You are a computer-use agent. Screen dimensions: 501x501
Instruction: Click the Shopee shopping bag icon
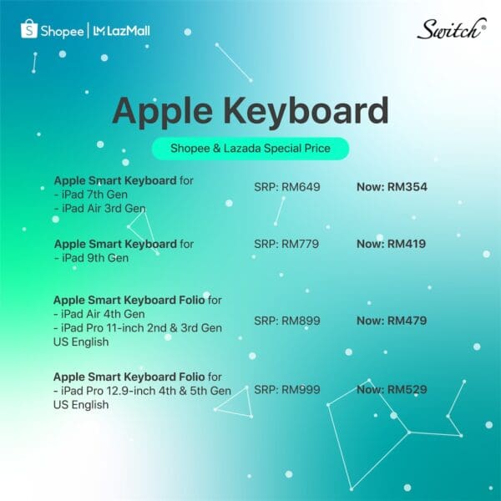point(29,28)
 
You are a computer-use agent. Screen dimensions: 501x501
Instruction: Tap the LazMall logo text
point(122,31)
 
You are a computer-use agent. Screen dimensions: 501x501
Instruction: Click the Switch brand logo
point(452,28)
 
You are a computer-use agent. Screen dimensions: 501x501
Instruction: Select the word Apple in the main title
point(162,112)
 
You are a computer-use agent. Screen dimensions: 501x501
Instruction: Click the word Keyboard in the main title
point(306,112)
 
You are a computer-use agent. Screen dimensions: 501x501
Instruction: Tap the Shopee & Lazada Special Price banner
point(250,149)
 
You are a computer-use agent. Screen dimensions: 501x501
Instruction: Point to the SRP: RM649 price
point(287,187)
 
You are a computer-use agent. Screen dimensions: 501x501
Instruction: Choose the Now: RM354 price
point(392,187)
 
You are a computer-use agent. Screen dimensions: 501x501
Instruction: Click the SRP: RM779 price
point(286,244)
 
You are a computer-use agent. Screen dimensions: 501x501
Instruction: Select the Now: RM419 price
point(391,244)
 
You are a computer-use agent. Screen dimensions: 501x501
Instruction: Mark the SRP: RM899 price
point(287,321)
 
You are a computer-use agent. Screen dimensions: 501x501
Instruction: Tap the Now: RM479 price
point(392,321)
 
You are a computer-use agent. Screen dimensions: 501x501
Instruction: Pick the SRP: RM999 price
point(287,389)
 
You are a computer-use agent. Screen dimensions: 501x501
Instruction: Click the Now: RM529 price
point(392,389)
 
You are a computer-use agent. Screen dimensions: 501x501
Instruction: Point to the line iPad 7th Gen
point(91,195)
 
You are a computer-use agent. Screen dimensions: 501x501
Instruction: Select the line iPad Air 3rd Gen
point(100,208)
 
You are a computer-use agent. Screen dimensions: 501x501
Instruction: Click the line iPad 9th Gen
point(91,258)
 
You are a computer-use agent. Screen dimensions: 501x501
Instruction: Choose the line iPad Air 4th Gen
point(99,314)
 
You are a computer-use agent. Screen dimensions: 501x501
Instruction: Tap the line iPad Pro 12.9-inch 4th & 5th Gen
point(142,391)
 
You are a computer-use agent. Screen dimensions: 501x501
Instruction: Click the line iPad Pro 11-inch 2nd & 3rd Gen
point(138,328)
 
